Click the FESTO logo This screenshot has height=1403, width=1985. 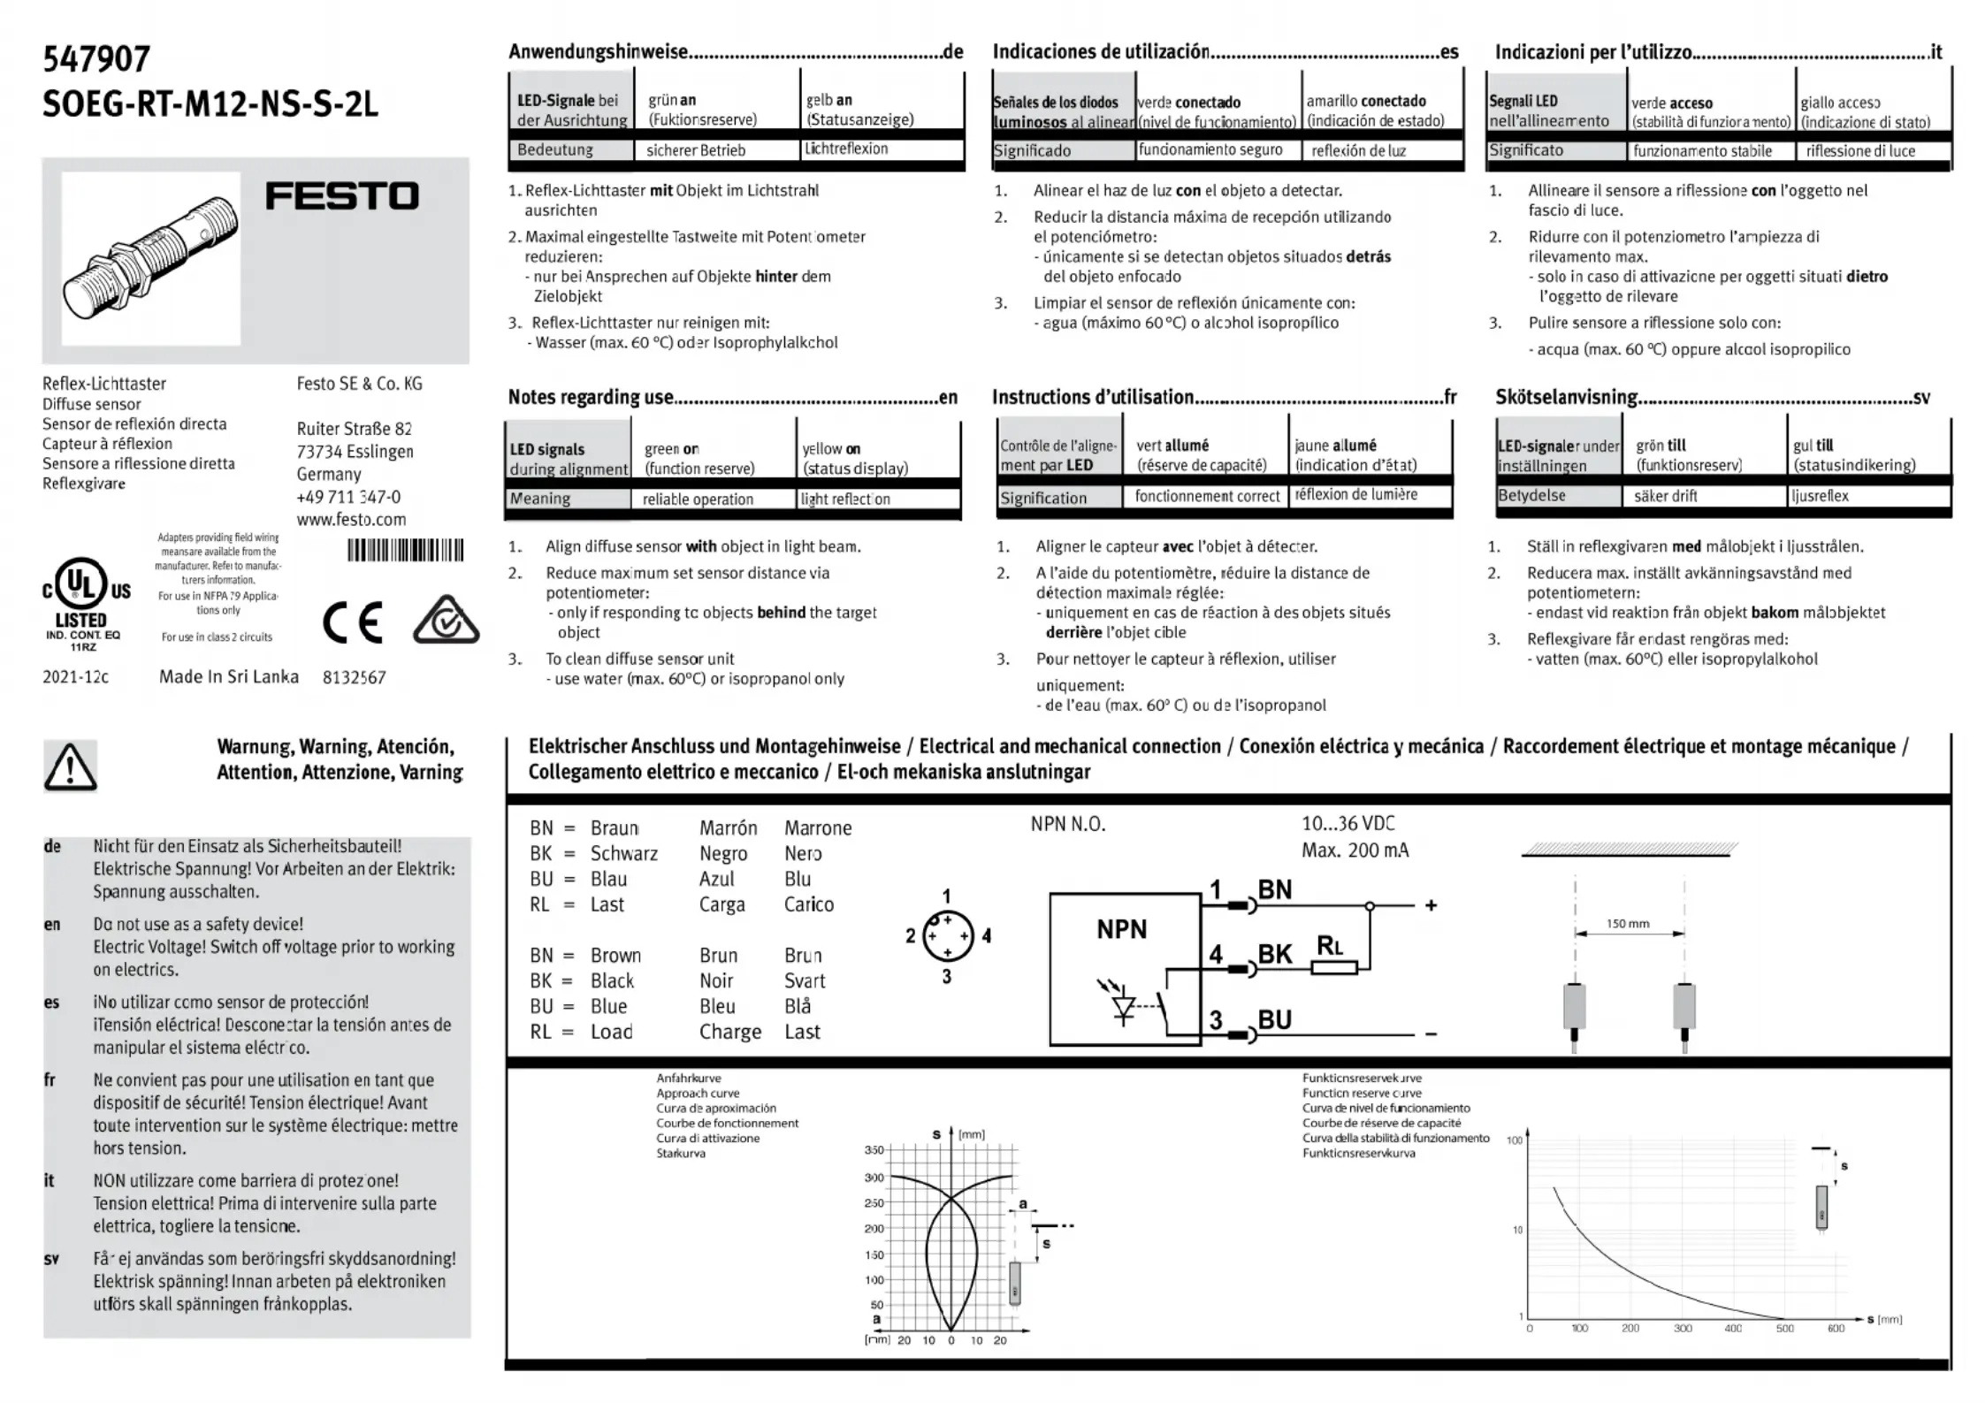[x=342, y=196]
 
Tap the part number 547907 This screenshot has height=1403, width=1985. [x=96, y=59]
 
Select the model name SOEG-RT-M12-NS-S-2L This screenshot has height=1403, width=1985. [x=210, y=104]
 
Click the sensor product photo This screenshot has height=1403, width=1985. [x=150, y=258]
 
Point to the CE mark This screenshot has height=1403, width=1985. [x=352, y=622]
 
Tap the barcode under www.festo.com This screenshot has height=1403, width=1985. [x=405, y=551]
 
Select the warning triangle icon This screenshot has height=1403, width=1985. [x=70, y=766]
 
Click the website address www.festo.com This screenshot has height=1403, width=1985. [x=351, y=519]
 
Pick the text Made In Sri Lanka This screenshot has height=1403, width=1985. [x=229, y=677]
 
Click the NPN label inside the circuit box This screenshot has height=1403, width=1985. [x=1121, y=929]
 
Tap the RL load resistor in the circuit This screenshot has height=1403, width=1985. [x=1334, y=967]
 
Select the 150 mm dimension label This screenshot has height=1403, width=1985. [x=1627, y=924]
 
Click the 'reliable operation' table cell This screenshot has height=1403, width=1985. [x=698, y=499]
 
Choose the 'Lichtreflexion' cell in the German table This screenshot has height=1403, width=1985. [x=846, y=149]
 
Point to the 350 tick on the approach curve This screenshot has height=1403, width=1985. [x=874, y=1150]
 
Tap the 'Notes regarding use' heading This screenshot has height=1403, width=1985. [x=591, y=397]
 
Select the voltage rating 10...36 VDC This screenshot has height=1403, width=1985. [x=1348, y=824]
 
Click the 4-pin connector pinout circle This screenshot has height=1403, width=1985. [x=947, y=936]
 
